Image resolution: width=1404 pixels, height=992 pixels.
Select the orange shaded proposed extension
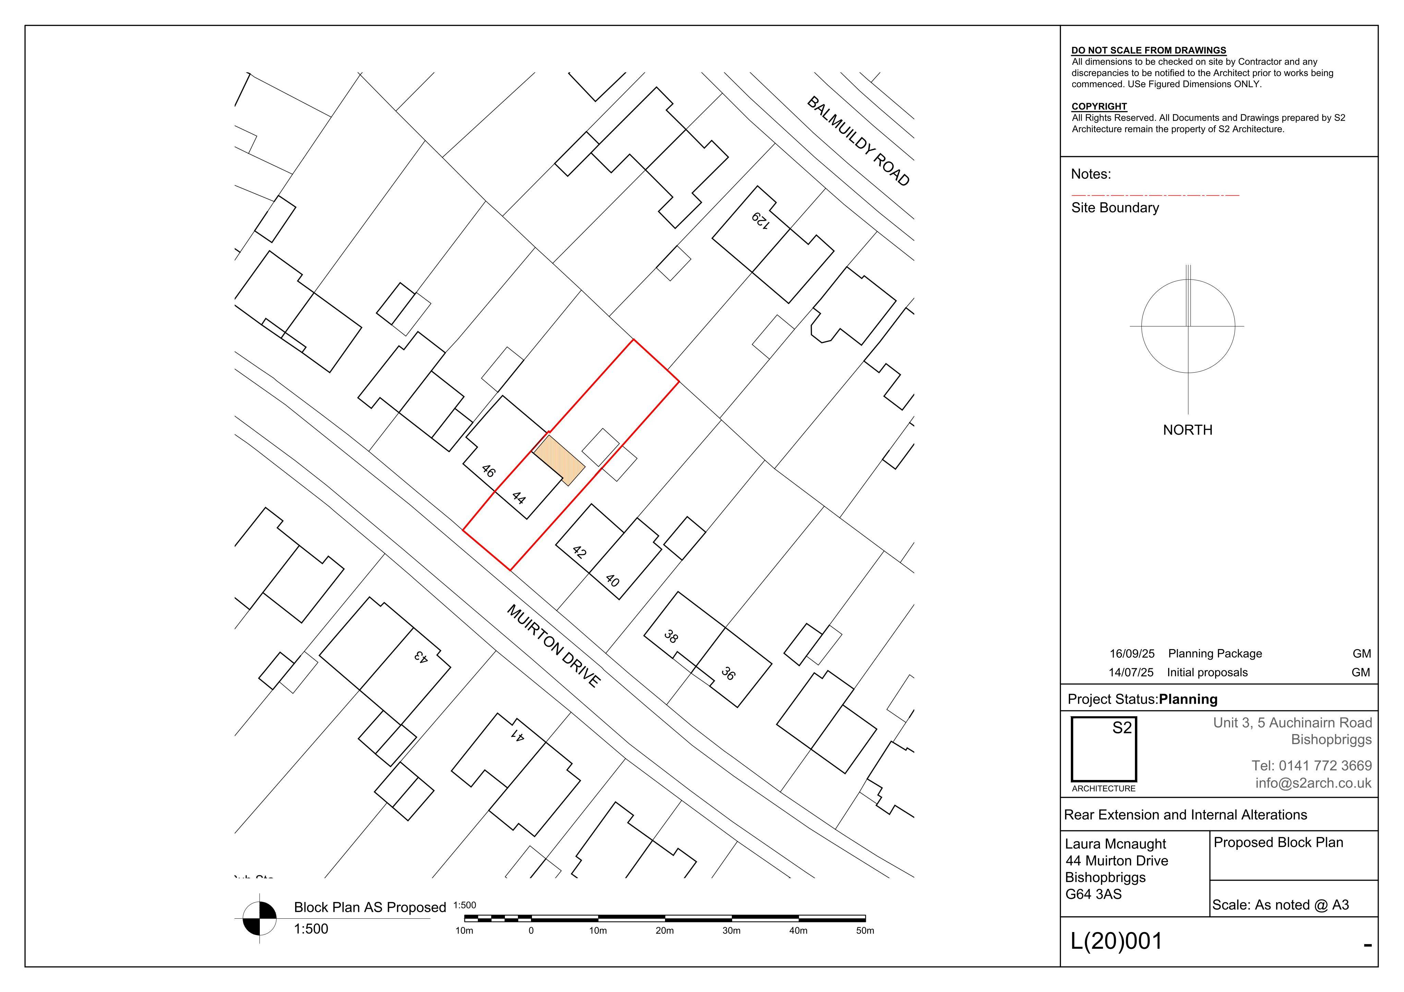[559, 460]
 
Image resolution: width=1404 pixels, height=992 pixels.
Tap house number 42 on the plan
[579, 552]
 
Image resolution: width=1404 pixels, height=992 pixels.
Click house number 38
[671, 637]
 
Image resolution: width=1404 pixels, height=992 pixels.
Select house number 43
[420, 656]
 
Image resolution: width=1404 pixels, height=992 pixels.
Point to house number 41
[517, 735]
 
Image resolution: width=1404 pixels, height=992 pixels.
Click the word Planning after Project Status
[1188, 699]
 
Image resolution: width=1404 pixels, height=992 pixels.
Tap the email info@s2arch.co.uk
[1314, 783]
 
